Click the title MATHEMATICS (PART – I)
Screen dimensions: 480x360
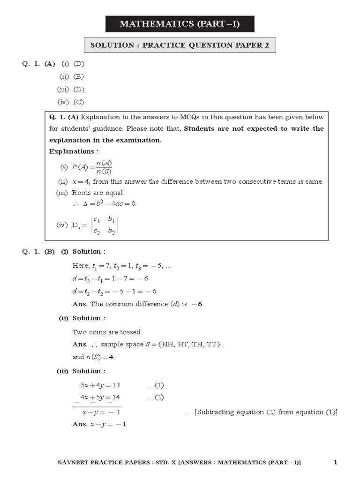(x=180, y=23)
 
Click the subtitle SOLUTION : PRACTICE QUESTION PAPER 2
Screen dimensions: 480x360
(x=180, y=45)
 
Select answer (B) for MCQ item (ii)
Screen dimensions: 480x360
(x=79, y=76)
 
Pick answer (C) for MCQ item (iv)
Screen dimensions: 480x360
(x=79, y=102)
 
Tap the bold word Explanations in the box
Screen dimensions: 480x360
(x=72, y=151)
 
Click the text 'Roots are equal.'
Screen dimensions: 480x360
(x=98, y=193)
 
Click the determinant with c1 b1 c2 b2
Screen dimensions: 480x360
(x=105, y=225)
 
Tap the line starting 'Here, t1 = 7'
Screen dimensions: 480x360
(x=122, y=266)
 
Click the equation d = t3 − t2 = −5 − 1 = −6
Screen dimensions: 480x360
(x=114, y=291)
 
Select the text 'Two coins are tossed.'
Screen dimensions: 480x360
(x=107, y=332)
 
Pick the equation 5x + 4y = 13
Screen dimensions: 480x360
(x=100, y=385)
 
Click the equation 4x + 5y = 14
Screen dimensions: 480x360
(x=100, y=397)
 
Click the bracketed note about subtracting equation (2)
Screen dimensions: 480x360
(x=262, y=412)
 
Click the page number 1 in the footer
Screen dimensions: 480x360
(x=336, y=463)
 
